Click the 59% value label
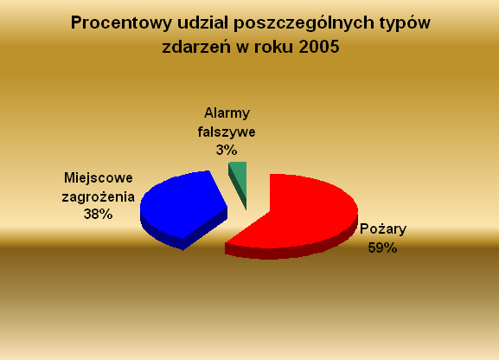point(382,247)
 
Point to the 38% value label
point(98,214)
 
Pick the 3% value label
point(227,150)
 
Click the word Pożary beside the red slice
point(383,229)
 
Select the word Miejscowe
point(99,177)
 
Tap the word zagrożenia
point(99,196)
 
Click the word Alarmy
point(227,113)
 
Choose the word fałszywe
point(227,132)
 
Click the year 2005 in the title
point(319,47)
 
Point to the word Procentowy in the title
point(121,22)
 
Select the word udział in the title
point(205,22)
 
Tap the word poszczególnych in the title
point(304,23)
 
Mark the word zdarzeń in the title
point(196,47)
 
